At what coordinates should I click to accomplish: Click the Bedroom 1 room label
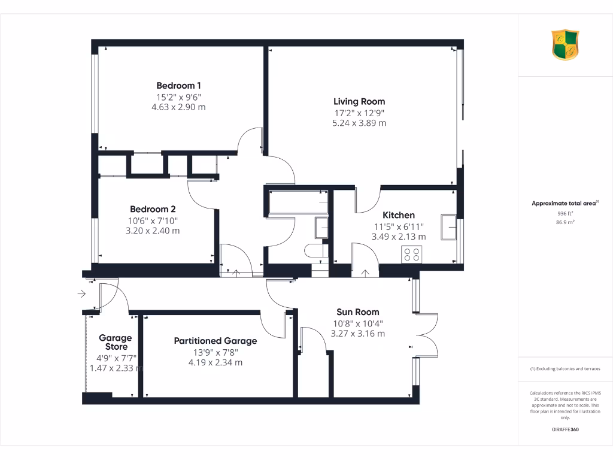coord(178,85)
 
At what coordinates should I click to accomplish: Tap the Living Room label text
coord(359,101)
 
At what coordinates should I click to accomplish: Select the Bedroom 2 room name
coord(153,209)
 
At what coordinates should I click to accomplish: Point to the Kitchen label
coord(399,215)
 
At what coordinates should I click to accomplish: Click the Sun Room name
coord(357,312)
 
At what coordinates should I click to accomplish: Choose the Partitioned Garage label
coord(216,341)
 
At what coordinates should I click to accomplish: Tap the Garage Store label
coord(115,342)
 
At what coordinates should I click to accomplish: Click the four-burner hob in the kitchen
coord(411,254)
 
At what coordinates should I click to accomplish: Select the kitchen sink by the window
coord(448,226)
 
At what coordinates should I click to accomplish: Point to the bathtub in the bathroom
coord(298,202)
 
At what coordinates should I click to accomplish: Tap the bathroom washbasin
coord(321,228)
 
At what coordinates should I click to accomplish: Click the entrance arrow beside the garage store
coord(81,293)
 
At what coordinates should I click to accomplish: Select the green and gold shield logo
coord(565,46)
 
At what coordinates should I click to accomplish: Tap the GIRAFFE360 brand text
coord(565,429)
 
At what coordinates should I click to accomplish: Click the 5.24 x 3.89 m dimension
coord(359,123)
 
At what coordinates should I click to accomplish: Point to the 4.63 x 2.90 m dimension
coord(178,107)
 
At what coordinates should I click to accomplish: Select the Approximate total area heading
coord(563,204)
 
